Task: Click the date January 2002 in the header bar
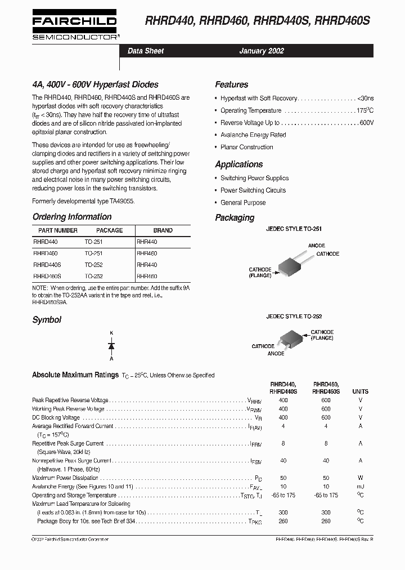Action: pyautogui.click(x=261, y=51)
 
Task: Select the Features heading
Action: pyautogui.click(x=231, y=84)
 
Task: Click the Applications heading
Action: pyautogui.click(x=238, y=164)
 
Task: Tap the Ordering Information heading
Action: pyautogui.click(x=71, y=217)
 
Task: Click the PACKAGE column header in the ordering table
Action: pyautogui.click(x=109, y=230)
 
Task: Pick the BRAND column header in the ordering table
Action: pyautogui.click(x=163, y=230)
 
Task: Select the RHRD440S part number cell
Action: pyautogui.click(x=47, y=264)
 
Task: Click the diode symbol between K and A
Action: pyautogui.click(x=111, y=345)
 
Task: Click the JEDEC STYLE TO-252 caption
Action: pyautogui.click(x=294, y=317)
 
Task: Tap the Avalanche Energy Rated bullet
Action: pyautogui.click(x=253, y=135)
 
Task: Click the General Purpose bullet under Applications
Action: pyautogui.click(x=243, y=203)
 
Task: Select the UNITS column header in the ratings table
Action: pyautogui.click(x=360, y=391)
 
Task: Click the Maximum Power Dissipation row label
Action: pyautogui.click(x=65, y=478)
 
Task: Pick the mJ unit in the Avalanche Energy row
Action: pyautogui.click(x=360, y=486)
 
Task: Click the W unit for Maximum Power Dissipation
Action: pyautogui.click(x=360, y=478)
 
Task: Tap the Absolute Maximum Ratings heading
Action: pyautogui.click(x=75, y=375)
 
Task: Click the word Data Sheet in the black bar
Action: pyautogui.click(x=146, y=51)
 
